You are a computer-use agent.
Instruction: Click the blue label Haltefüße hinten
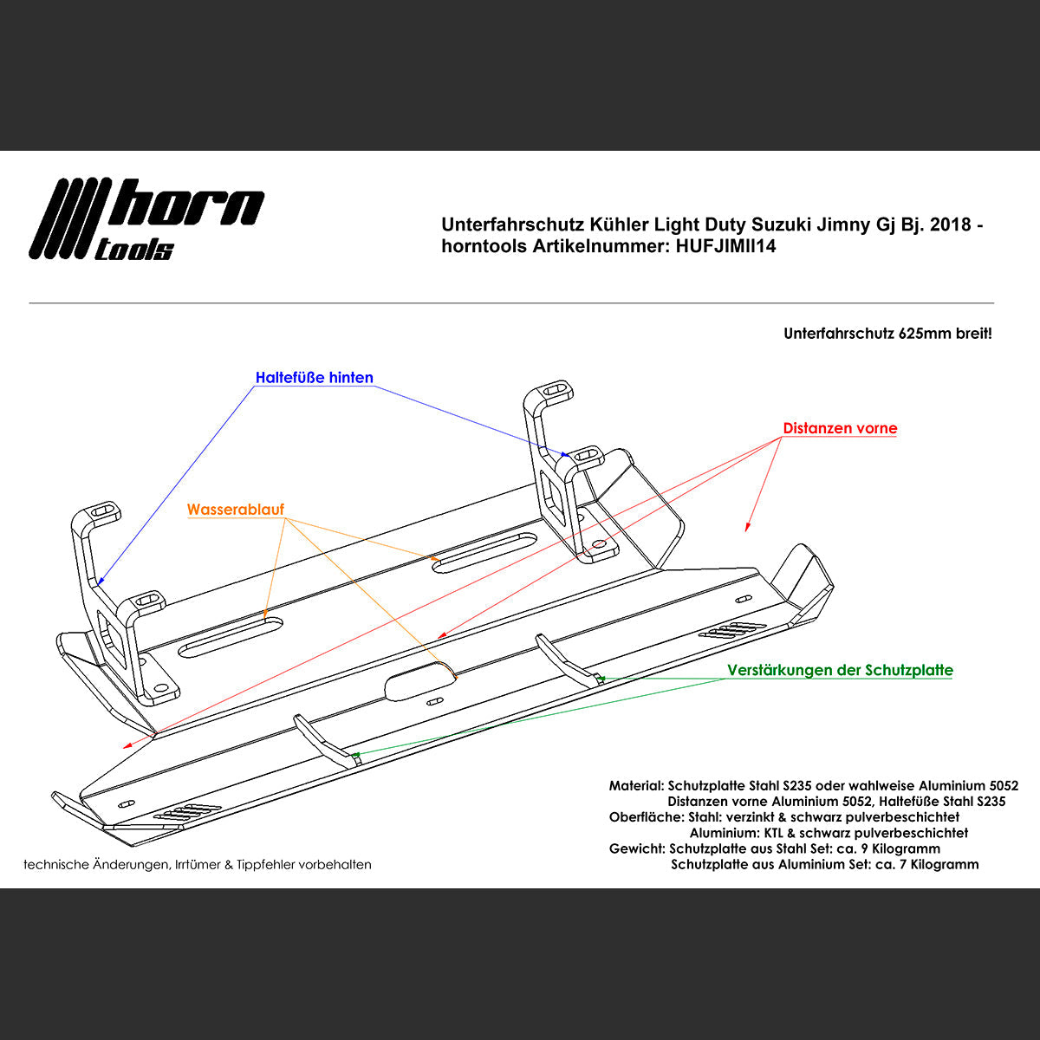(x=314, y=378)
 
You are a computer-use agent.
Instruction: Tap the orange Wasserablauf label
(x=235, y=510)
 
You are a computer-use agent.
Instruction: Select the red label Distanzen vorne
(x=840, y=428)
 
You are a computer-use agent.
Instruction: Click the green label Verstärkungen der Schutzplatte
(x=840, y=670)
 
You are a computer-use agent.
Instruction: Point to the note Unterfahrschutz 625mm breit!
(x=887, y=334)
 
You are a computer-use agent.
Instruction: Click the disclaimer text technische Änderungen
(x=198, y=864)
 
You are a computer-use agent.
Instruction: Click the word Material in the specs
(x=635, y=786)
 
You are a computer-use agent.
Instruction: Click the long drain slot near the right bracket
(x=484, y=551)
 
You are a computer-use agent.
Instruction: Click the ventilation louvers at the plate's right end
(x=732, y=630)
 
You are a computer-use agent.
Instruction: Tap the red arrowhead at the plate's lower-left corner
(x=127, y=744)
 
